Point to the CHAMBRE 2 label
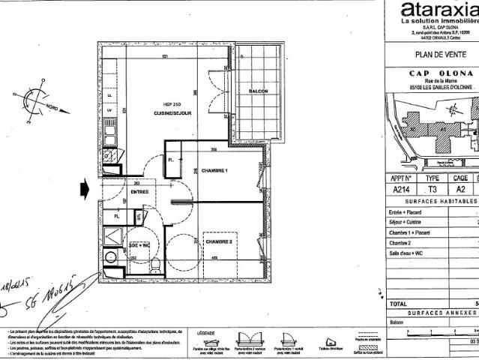(220, 243)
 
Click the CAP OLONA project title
(441, 73)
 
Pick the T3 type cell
(433, 190)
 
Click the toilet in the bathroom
(153, 267)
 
